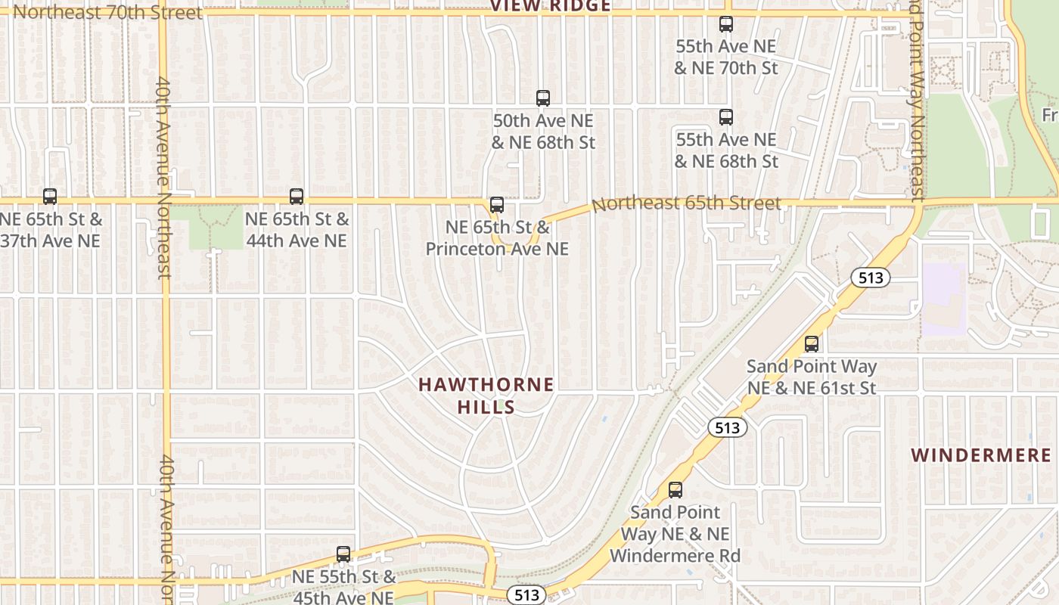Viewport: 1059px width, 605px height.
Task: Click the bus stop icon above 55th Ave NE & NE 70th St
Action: (726, 24)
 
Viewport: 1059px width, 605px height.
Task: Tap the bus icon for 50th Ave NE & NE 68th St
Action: (543, 98)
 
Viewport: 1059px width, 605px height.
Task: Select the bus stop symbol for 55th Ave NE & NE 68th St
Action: (726, 117)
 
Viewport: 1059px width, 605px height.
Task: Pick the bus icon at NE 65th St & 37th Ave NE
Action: (50, 197)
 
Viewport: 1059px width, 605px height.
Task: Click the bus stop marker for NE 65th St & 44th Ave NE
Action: (297, 197)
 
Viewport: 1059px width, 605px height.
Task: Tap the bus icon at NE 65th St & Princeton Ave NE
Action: (497, 204)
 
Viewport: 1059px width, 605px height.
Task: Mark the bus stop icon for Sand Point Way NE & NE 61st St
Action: (812, 344)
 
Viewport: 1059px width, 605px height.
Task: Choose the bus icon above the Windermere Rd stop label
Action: (675, 490)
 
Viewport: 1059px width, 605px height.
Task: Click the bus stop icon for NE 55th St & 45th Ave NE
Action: (343, 554)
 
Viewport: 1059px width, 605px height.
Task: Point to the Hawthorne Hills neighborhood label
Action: (486, 396)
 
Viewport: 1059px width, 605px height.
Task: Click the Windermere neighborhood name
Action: (981, 455)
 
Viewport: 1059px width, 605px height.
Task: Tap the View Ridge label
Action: (550, 7)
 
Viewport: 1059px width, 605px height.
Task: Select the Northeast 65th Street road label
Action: (686, 203)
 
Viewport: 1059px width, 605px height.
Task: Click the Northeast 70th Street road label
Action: (108, 12)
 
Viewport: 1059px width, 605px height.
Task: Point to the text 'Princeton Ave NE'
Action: (497, 248)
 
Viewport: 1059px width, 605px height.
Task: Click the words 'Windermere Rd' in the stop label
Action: (675, 555)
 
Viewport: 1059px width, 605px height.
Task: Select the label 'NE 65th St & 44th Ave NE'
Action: (297, 230)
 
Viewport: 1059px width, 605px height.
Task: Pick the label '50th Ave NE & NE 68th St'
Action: (543, 132)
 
